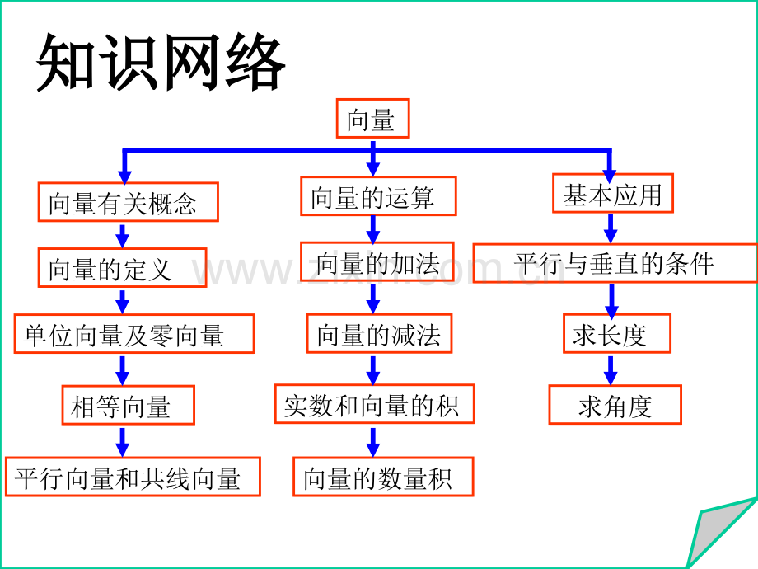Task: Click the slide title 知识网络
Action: [161, 63]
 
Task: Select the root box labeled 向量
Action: [372, 119]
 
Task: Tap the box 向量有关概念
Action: [128, 202]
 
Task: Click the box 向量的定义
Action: [122, 268]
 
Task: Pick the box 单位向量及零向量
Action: [134, 334]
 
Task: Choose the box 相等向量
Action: [128, 406]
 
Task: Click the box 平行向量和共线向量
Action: [133, 477]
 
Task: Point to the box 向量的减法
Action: [379, 333]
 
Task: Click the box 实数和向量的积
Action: [374, 404]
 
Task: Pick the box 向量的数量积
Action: [383, 477]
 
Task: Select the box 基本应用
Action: [612, 194]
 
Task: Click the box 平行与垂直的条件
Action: [615, 263]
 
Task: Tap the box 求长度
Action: [616, 333]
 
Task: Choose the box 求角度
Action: [615, 405]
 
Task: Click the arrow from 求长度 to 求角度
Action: [611, 369]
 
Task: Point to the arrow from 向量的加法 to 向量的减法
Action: [373, 299]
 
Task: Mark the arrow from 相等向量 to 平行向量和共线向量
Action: [123, 441]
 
